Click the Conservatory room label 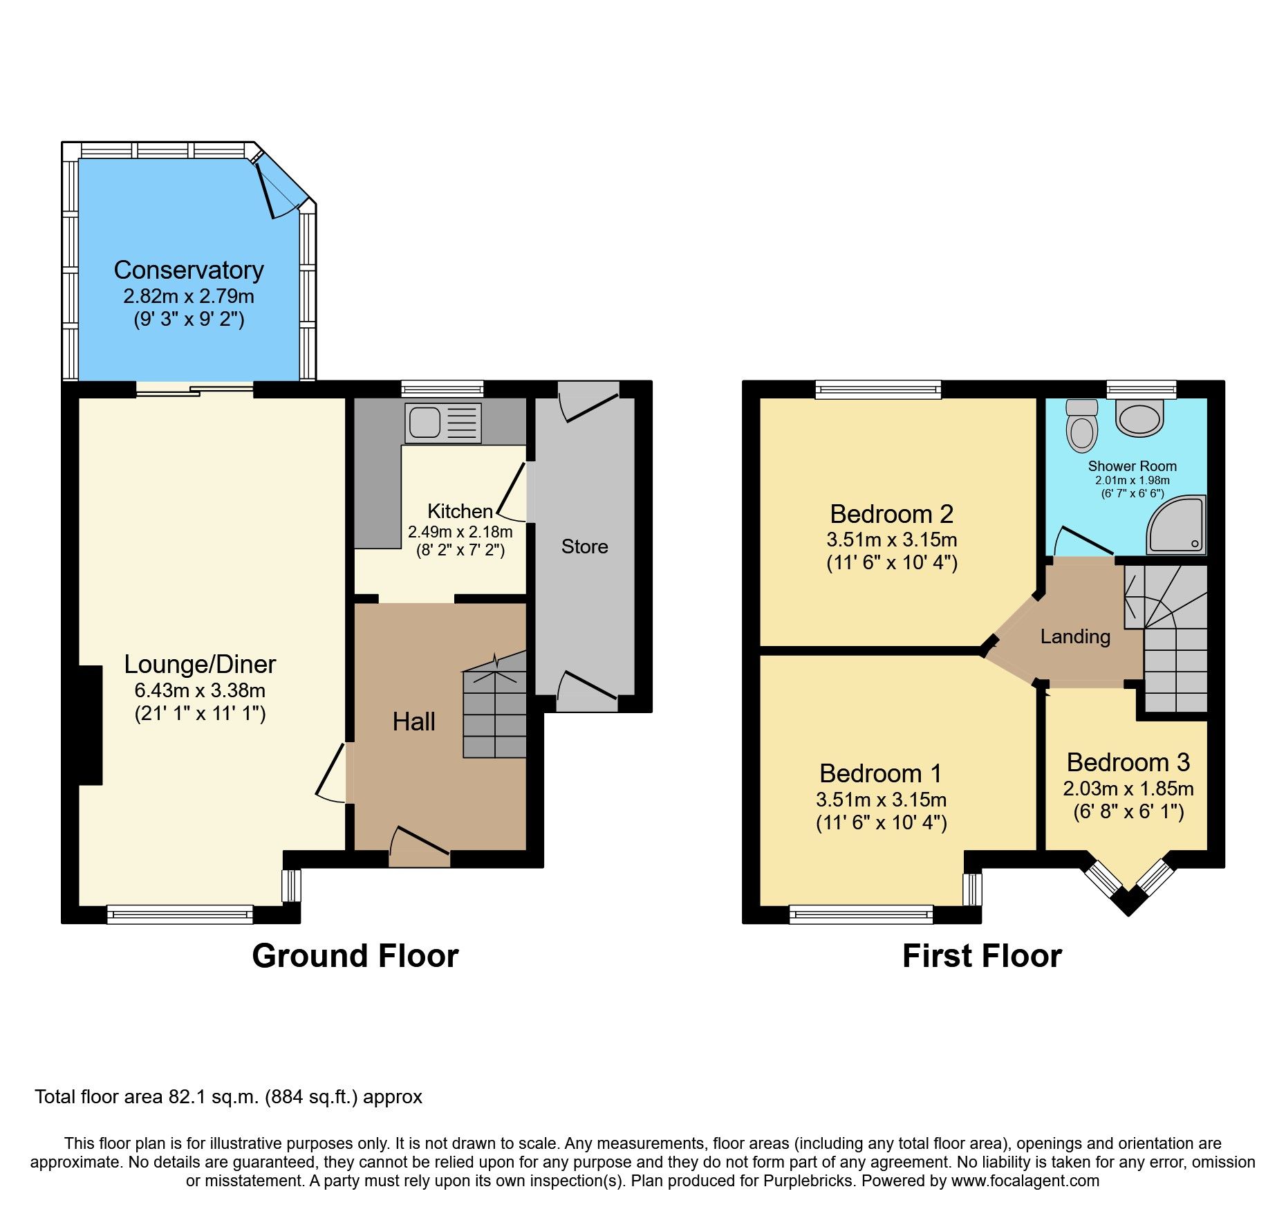click(189, 270)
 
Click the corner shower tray click(1177, 527)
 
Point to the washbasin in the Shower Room click(1140, 419)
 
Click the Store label click(584, 546)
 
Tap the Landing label click(1075, 636)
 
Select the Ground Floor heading click(355, 956)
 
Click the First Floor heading click(982, 956)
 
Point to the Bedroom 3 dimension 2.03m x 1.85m click(1128, 789)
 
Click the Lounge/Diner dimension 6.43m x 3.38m click(200, 690)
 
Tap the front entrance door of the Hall click(419, 848)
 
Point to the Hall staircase click(495, 712)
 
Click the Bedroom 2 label click(891, 514)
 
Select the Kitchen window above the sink click(442, 389)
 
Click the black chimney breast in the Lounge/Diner click(90, 725)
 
